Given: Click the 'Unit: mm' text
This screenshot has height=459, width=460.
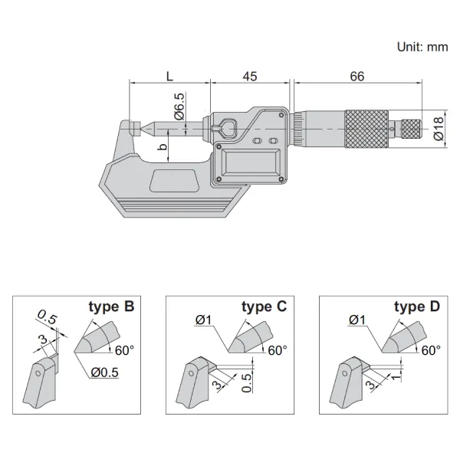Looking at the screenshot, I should pos(422,47).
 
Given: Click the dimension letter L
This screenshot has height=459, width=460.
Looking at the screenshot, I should pos(169,75).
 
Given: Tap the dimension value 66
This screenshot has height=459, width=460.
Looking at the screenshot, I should pos(356,75).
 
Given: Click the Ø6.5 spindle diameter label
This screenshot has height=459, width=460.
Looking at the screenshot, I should pos(178,107).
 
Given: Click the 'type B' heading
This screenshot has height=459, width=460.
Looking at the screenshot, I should pos(111,307).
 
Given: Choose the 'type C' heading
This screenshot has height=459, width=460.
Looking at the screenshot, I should pos(264,307).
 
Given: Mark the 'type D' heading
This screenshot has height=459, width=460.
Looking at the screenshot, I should pos(417,307).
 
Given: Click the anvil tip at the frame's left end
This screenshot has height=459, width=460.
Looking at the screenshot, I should pos(132,126).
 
